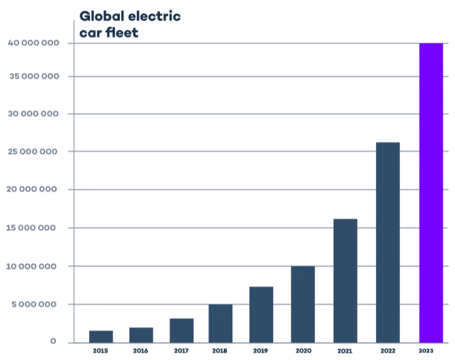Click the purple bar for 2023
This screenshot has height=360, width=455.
430,192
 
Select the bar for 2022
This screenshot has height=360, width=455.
388,242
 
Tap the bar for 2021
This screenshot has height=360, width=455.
345,280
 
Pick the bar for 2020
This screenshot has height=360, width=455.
303,303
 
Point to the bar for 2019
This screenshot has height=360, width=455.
261,314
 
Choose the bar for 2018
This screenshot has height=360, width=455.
221,323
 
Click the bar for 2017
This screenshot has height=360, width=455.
181,330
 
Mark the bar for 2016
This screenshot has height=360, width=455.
141,335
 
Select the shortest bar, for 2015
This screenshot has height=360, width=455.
101,336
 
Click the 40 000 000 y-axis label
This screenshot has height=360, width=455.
33,43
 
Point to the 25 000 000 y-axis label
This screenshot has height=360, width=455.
33,151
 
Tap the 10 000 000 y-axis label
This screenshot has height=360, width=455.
33,266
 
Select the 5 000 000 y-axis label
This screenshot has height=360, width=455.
36,304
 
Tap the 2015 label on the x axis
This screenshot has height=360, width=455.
101,352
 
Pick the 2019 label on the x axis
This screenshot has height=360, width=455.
261,352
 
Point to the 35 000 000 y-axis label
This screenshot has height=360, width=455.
33,76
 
